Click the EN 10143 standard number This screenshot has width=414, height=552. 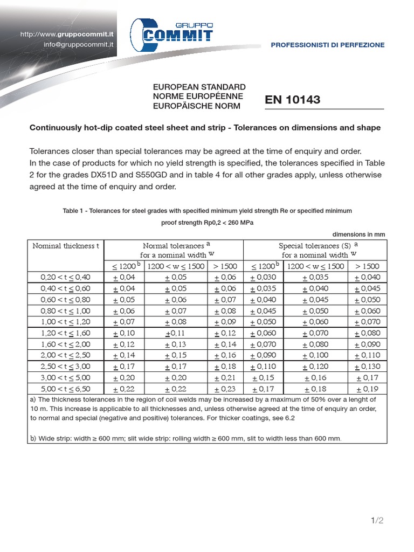click(293, 100)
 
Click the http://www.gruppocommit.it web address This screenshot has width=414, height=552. click(67, 34)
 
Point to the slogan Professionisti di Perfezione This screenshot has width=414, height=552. click(328, 45)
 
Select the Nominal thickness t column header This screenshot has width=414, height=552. click(66, 246)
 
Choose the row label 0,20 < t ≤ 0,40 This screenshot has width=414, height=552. click(66, 277)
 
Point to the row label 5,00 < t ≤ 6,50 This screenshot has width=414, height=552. click(66, 389)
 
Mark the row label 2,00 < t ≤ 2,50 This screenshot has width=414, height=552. click(66, 355)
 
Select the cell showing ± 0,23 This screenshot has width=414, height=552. click(225, 389)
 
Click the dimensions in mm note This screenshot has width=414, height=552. click(358, 234)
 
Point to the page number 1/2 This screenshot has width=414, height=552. click(377, 520)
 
